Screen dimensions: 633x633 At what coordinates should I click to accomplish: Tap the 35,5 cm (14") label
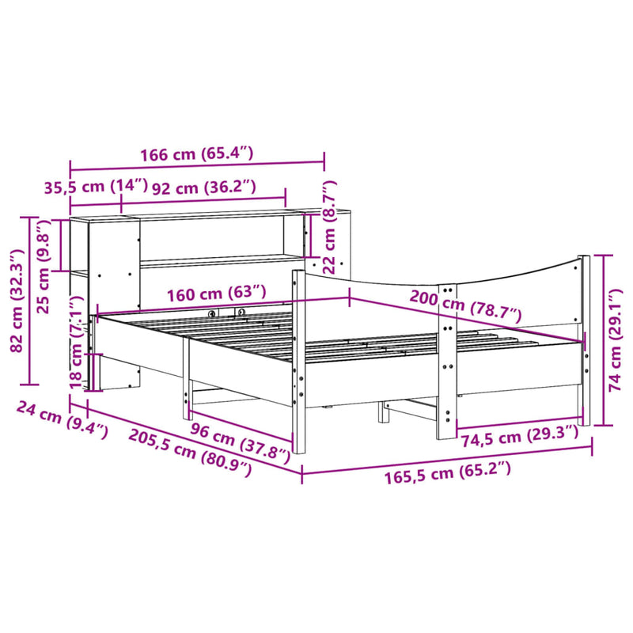(x=96, y=188)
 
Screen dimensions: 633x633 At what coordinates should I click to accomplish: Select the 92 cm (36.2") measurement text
(x=204, y=188)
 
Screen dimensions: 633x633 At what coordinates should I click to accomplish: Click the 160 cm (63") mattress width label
(x=216, y=293)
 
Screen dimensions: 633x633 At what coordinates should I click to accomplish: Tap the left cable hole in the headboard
(x=212, y=313)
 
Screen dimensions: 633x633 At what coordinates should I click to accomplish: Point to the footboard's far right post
(x=585, y=340)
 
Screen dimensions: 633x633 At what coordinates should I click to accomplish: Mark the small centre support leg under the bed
(x=383, y=411)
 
